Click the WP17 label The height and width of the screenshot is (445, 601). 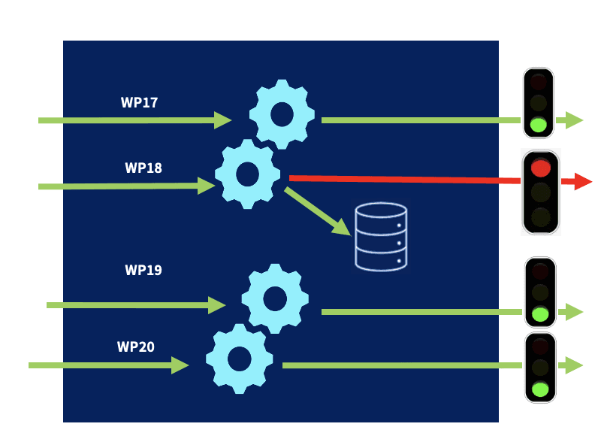pyautogui.click(x=139, y=103)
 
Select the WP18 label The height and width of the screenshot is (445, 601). pyautogui.click(x=143, y=168)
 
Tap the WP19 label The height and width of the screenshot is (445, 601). pyautogui.click(x=143, y=270)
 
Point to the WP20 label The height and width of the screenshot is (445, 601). pyautogui.click(x=136, y=347)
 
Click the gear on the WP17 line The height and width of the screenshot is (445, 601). pyautogui.click(x=282, y=114)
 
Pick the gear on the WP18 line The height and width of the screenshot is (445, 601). pyautogui.click(x=248, y=174)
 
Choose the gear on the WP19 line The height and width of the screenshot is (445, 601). pyautogui.click(x=275, y=298)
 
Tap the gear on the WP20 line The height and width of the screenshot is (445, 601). pyautogui.click(x=240, y=359)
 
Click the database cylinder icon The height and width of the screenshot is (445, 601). pyautogui.click(x=381, y=236)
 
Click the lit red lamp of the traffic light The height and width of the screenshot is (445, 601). pyautogui.click(x=541, y=168)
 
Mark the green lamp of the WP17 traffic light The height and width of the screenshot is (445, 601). pyautogui.click(x=539, y=124)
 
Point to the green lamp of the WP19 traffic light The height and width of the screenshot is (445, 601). pyautogui.click(x=540, y=313)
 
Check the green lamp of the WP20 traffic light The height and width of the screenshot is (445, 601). pyautogui.click(x=540, y=389)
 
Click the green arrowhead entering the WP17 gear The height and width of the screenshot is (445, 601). pyautogui.click(x=222, y=120)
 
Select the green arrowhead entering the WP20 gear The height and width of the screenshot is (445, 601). pyautogui.click(x=180, y=365)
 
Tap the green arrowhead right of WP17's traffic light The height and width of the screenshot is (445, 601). pyautogui.click(x=574, y=120)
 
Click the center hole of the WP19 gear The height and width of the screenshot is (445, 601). pyautogui.click(x=275, y=298)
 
